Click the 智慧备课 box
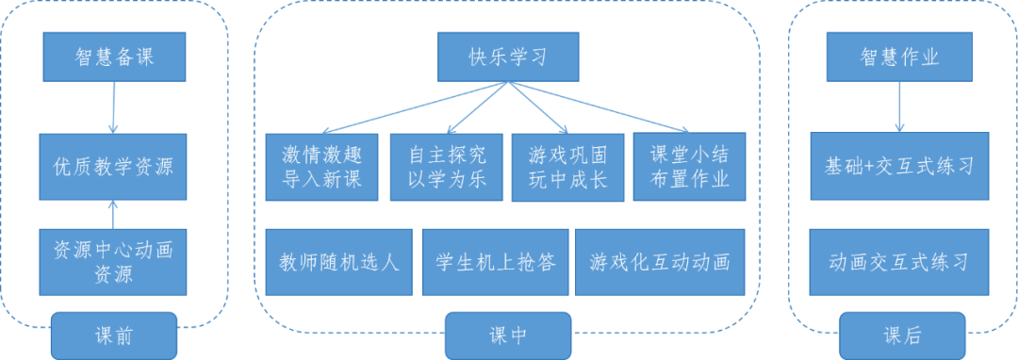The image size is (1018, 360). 113,57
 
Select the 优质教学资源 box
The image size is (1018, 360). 113,166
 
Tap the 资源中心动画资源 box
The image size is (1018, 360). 113,261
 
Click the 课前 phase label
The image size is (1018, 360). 113,335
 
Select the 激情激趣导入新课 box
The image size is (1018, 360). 321,167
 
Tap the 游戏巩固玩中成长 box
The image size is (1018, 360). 567,167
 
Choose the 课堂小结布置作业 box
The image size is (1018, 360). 681,166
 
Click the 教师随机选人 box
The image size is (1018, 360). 338,261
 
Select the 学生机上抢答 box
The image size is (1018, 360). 496,261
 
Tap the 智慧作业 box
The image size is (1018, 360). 899,57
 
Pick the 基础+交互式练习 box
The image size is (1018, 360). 899,166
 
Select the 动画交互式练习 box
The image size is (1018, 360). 899,261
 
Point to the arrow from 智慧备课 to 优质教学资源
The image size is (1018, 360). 113,106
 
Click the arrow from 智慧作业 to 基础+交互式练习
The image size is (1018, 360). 899,106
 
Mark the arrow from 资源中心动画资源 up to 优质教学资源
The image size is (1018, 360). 113,213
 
